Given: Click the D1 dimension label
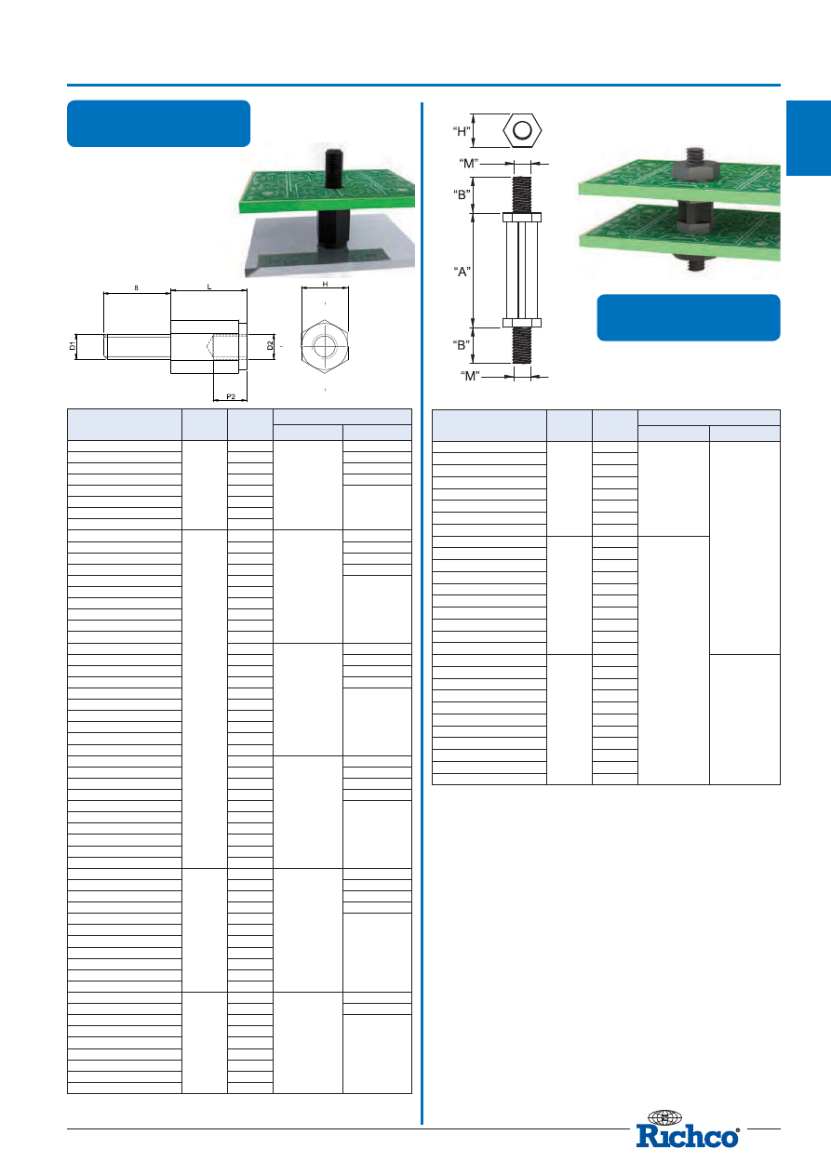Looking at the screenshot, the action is click(73, 346).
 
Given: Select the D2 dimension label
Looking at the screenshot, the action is click(270, 346).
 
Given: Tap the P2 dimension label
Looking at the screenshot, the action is click(231, 396).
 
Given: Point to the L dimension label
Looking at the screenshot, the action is click(208, 287).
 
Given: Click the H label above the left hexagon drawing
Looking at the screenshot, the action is click(326, 285).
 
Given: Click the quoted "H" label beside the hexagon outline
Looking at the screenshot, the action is click(462, 131).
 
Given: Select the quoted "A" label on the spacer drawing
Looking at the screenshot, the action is click(462, 272).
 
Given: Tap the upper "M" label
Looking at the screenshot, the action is click(468, 163).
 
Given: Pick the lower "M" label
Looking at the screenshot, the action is click(470, 376).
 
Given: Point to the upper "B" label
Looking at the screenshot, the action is click(462, 194).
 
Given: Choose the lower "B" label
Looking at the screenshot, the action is click(462, 345).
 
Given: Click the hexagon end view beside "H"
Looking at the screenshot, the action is click(522, 130).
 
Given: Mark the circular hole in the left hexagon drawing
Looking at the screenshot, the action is click(325, 346).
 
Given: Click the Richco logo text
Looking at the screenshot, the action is click(688, 1137).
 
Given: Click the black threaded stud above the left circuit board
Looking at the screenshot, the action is click(335, 167).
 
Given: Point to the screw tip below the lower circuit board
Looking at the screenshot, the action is click(696, 262).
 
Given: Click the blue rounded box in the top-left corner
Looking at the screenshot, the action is click(158, 124).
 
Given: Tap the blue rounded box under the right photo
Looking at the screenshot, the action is click(689, 317).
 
